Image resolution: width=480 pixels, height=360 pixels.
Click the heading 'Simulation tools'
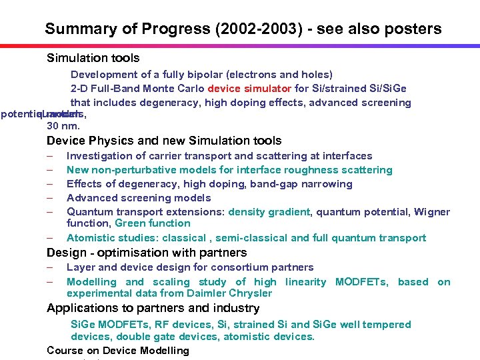pyautogui.click(x=93, y=58)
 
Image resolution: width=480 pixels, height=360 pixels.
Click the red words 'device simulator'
pyautogui.click(x=249, y=89)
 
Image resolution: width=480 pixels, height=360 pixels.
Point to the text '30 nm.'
pyautogui.click(x=63, y=126)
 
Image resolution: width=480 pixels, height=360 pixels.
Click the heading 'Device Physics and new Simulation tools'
pyautogui.click(x=164, y=141)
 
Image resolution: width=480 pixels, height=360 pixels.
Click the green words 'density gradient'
pyautogui.click(x=269, y=212)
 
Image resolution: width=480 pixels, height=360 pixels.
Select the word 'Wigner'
pyautogui.click(x=432, y=212)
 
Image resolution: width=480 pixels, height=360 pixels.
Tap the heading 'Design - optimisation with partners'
pyautogui.click(x=147, y=253)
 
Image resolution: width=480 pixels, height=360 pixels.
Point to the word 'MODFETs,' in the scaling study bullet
pyautogui.click(x=362, y=282)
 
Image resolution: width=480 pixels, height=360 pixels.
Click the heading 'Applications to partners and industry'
pyautogui.click(x=153, y=308)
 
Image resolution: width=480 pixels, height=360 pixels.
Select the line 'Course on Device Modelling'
pyautogui.click(x=118, y=350)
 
